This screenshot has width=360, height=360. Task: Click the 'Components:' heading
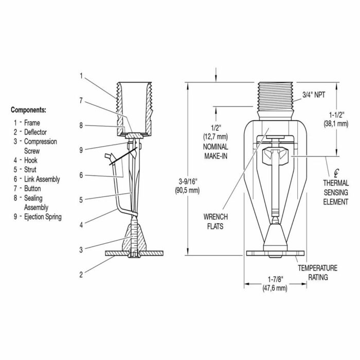click(28, 110)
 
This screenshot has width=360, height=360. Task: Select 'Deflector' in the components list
click(35, 132)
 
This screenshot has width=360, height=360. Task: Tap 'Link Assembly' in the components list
click(42, 179)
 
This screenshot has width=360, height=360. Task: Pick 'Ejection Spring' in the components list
click(43, 217)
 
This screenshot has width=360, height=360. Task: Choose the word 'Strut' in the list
click(30, 170)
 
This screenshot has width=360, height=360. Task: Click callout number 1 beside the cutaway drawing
click(81, 76)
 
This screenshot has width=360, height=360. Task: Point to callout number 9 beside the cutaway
click(81, 150)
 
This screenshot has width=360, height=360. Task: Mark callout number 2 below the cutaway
click(81, 275)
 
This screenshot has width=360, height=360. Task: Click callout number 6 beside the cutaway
click(81, 175)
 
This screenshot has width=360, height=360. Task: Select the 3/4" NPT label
click(314, 95)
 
